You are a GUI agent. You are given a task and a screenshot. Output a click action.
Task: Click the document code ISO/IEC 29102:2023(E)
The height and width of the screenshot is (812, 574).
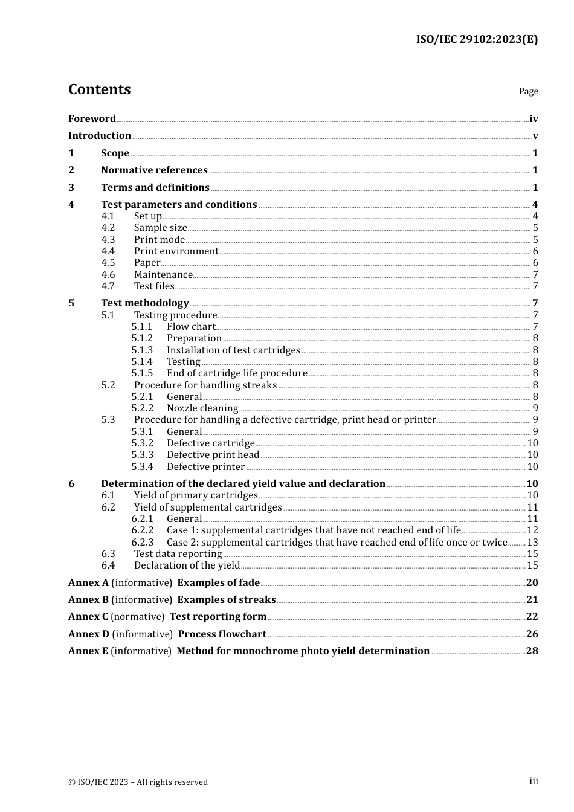(x=476, y=39)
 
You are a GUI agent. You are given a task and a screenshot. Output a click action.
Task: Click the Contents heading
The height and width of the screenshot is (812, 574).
(x=99, y=89)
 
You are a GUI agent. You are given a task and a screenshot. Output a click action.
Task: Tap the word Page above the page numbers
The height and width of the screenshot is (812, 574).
(x=528, y=91)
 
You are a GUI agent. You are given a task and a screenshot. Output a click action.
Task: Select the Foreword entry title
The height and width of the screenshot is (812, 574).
(x=92, y=119)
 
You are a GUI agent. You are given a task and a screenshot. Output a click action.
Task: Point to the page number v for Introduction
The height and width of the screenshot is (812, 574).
(x=535, y=136)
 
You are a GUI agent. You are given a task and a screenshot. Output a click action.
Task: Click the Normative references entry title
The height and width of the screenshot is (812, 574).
(x=154, y=170)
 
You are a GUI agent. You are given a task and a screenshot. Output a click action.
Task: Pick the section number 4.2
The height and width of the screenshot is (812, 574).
(x=108, y=228)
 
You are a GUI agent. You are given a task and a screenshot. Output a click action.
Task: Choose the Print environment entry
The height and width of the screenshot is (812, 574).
(x=176, y=251)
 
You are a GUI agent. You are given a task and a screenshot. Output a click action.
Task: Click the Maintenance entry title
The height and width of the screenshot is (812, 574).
(x=163, y=275)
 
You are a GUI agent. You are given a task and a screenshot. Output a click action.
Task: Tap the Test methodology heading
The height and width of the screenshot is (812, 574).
(x=144, y=303)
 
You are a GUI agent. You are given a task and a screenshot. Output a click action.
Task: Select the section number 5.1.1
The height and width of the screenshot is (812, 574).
(x=142, y=327)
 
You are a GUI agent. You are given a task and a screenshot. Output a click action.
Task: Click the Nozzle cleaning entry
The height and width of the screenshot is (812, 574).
(x=202, y=408)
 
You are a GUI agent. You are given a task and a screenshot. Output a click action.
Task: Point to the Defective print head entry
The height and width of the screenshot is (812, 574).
(x=213, y=455)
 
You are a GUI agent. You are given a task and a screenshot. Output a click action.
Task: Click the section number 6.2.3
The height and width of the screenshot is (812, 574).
(x=143, y=543)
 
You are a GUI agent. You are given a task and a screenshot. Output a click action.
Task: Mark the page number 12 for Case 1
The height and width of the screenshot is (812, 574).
(x=532, y=530)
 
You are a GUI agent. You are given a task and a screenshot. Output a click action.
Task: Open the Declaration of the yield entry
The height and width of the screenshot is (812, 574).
(x=187, y=565)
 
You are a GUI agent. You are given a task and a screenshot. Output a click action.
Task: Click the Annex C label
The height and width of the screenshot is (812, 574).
(x=88, y=617)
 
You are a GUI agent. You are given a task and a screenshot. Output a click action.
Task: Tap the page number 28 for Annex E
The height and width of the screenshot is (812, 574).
(x=532, y=651)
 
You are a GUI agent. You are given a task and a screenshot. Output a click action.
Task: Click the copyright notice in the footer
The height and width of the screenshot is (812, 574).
(x=138, y=782)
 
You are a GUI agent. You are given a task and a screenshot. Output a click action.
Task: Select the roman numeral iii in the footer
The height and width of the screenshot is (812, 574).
(x=534, y=781)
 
